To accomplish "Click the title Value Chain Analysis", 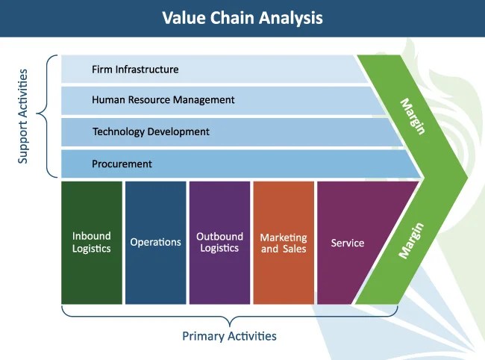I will point(242,18).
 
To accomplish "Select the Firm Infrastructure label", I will point(135,69).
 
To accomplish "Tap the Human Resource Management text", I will point(163,99).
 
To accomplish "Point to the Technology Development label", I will point(151,131).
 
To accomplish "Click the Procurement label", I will point(122,164).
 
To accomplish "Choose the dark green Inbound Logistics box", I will point(92,242).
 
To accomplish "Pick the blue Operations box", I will point(155,242).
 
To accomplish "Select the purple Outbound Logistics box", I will point(219,242).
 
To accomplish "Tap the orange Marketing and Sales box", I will point(284,242).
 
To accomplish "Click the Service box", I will point(348,242).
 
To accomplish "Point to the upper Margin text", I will point(413,116).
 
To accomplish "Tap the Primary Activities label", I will point(229,336).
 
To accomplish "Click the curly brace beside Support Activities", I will point(46,117).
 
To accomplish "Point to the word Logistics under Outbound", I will point(219,248).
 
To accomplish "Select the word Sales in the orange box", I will point(294,249).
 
